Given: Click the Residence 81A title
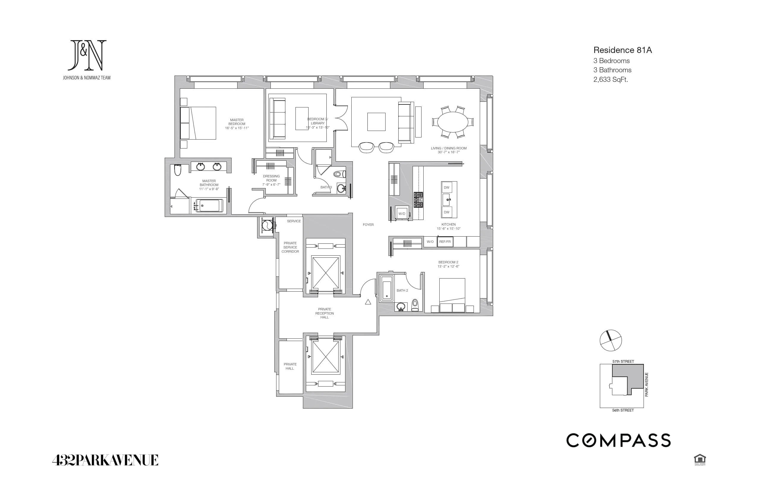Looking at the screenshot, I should click(622, 50).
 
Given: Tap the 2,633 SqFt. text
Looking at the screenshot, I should click(611, 79).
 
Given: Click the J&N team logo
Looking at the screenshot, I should click(87, 56).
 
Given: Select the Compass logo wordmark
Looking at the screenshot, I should click(618, 440).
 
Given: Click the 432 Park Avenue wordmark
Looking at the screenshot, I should click(105, 460).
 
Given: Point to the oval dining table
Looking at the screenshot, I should click(452, 122).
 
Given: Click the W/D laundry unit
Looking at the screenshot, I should click(402, 214).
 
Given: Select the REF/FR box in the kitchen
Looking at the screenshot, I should click(445, 242).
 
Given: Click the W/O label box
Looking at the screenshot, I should click(430, 242).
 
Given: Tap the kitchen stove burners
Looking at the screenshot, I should click(418, 200).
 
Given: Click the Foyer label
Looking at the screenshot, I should click(368, 225).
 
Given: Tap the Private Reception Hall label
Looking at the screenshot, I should click(324, 313).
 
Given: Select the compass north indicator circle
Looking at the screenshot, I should click(611, 340).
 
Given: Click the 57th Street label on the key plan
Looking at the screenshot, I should click(623, 362).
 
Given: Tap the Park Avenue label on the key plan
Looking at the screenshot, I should click(647, 384).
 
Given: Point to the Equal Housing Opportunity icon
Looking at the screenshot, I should click(700, 460).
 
